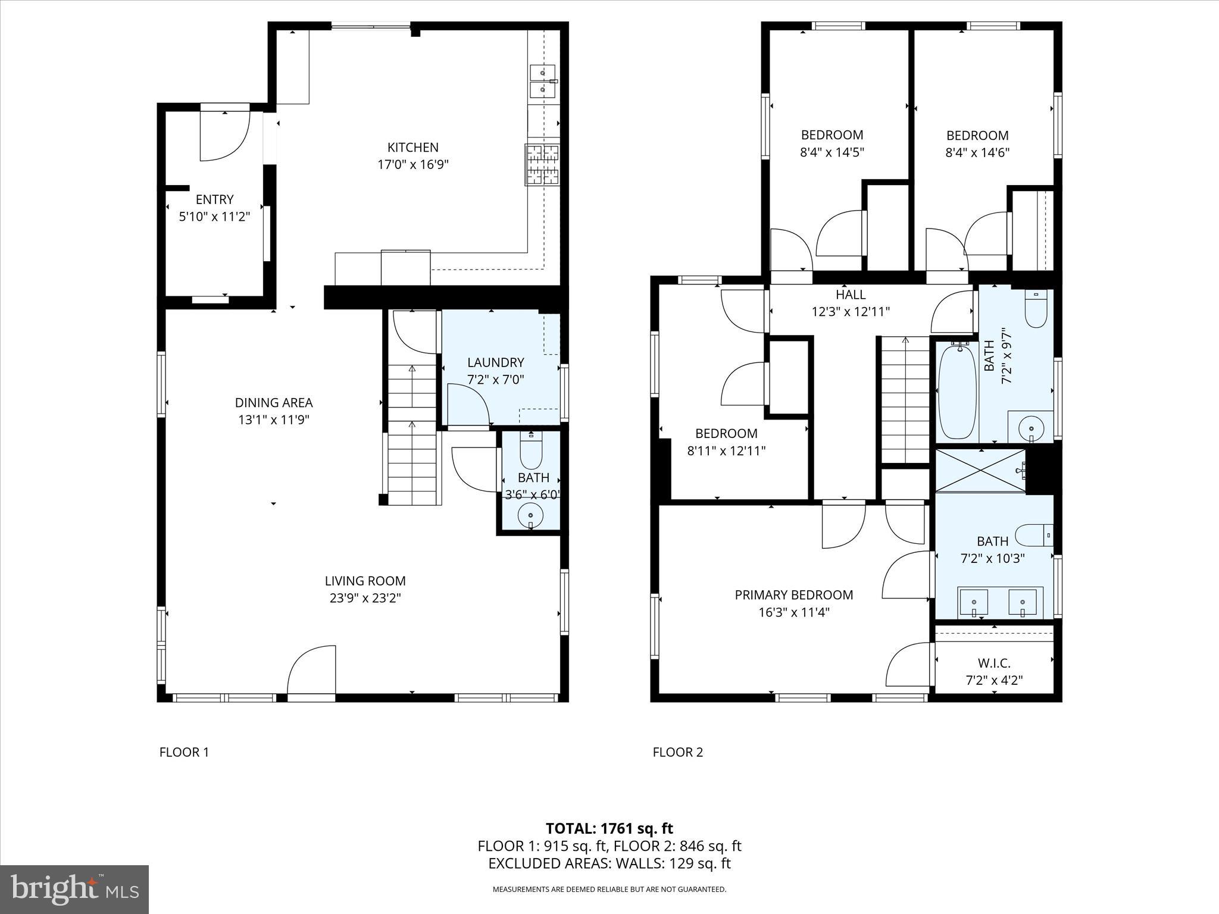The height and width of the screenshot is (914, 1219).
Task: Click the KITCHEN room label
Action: (412, 148)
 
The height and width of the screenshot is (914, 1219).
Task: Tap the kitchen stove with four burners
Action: (542, 165)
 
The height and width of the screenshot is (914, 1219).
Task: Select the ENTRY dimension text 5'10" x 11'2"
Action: (214, 217)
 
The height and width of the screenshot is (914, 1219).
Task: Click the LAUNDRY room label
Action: (495, 362)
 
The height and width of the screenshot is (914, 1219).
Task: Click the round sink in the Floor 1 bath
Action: (530, 514)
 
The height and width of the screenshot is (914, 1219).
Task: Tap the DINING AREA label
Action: (273, 403)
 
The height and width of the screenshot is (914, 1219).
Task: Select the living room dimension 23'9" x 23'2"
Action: (365, 598)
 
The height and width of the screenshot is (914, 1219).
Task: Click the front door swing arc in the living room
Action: (311, 670)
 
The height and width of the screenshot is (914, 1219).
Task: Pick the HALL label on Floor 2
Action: (851, 295)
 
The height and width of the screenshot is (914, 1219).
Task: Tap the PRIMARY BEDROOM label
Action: (793, 595)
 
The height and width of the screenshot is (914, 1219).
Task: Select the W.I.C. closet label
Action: (993, 663)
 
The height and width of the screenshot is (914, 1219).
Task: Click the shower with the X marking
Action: (980, 471)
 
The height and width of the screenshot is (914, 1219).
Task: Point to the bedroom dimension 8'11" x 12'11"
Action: (726, 451)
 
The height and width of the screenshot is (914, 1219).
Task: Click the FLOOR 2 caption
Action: (677, 752)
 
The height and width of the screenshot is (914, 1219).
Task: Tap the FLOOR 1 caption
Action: (184, 752)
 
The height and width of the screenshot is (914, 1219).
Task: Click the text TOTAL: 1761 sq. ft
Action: (609, 828)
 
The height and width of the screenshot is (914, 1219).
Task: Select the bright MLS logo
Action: (74, 889)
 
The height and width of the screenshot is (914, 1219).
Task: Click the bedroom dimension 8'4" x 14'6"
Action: (977, 152)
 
